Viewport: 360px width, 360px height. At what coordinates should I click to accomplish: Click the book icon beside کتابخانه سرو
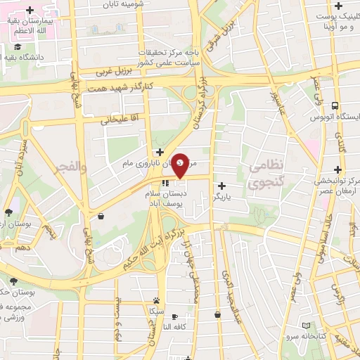click(x=305, y=326)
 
